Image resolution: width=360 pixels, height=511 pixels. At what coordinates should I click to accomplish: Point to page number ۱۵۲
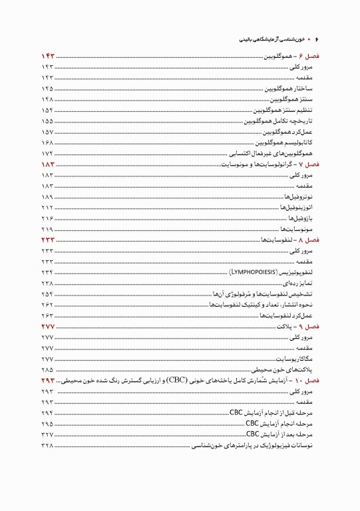(47, 110)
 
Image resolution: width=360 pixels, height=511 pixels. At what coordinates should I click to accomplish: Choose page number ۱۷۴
(47, 153)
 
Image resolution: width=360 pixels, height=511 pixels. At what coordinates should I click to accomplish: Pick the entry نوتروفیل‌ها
(301, 198)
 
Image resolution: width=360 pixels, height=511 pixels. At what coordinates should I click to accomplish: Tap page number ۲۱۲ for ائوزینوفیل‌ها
(47, 208)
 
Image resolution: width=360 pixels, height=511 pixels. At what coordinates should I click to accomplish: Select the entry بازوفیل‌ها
(303, 219)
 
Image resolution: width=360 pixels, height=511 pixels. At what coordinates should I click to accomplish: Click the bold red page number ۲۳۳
(49, 239)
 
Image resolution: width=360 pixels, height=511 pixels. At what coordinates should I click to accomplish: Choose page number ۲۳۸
(47, 283)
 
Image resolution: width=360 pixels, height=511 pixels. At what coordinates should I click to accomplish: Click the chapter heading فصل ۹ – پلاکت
(300, 327)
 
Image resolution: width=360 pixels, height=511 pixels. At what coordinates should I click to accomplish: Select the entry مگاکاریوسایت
(297, 359)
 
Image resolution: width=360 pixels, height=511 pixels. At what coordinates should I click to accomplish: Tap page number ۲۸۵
(47, 369)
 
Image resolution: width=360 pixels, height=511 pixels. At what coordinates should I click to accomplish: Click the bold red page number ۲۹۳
(49, 380)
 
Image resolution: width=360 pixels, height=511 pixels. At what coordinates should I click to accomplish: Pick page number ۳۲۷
(47, 434)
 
